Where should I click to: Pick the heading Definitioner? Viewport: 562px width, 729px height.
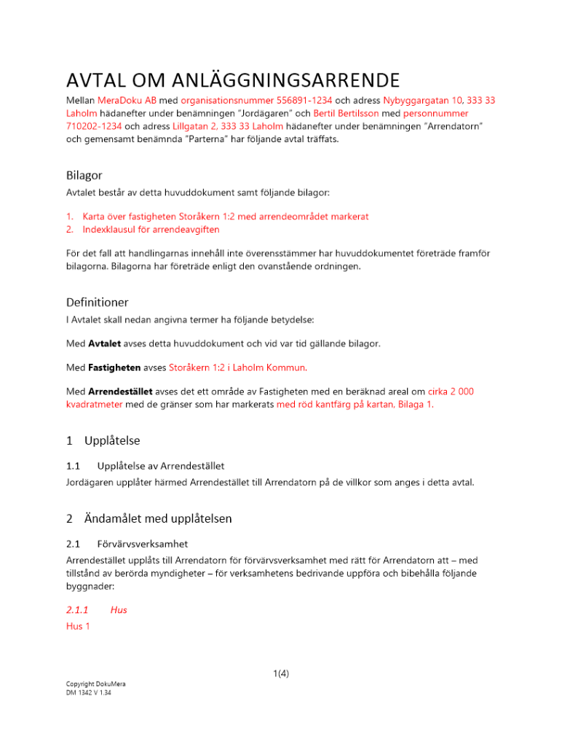pyautogui.click(x=98, y=301)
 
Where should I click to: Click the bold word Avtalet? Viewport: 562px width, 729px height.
pyautogui.click(x=105, y=343)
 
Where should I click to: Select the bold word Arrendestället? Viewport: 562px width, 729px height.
pyautogui.click(x=121, y=391)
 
